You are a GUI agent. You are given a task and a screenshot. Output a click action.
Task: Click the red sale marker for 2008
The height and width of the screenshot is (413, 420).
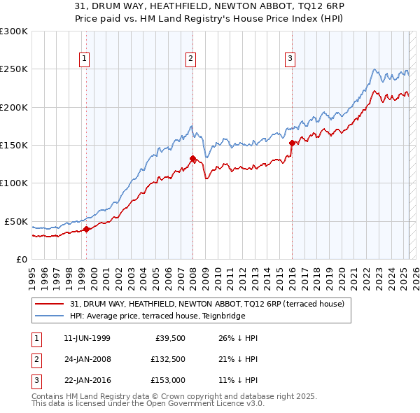pos(192,158)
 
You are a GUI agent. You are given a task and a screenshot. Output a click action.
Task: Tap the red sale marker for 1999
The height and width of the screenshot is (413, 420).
pos(86,228)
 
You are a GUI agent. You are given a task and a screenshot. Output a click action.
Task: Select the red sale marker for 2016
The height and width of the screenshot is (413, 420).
pos(291,142)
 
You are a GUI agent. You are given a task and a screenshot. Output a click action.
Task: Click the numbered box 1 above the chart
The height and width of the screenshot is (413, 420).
pos(84,59)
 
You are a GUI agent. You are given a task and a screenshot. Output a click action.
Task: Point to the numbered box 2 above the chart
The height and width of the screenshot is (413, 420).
pos(190,59)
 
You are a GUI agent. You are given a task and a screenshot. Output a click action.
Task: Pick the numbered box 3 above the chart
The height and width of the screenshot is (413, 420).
pos(289,59)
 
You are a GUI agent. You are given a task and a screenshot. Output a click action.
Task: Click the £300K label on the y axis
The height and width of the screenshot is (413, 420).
pos(14,31)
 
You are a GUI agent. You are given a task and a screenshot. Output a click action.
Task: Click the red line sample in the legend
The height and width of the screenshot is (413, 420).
pos(50,304)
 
